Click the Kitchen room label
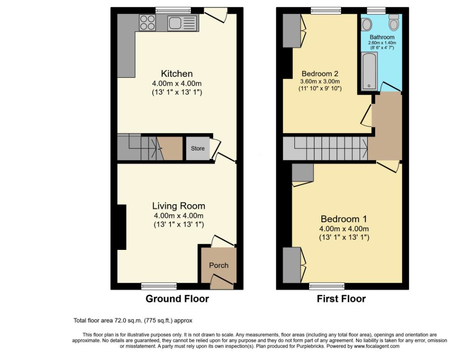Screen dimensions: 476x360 pyautogui.click(x=177, y=73)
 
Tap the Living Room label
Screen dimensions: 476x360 pyautogui.click(x=178, y=206)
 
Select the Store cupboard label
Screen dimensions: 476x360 pyautogui.click(x=198, y=148)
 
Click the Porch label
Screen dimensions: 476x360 pyautogui.click(x=218, y=265)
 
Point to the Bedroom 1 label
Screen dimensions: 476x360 pyautogui.click(x=344, y=219)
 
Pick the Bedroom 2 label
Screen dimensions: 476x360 pyautogui.click(x=320, y=73)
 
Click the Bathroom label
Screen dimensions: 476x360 pyautogui.click(x=382, y=37)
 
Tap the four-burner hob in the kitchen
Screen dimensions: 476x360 pyautogui.click(x=147, y=23)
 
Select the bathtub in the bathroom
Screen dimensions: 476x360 pyautogui.click(x=369, y=71)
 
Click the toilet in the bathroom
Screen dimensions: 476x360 pyautogui.click(x=394, y=22)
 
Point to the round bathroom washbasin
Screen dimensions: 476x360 pyautogui.click(x=367, y=24)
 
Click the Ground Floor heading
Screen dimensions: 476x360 pyautogui.click(x=177, y=299)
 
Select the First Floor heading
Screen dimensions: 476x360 pyautogui.click(x=341, y=299)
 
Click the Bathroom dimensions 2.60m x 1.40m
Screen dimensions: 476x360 pyautogui.click(x=382, y=43)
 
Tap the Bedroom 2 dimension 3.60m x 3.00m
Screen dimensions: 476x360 pyautogui.click(x=320, y=81)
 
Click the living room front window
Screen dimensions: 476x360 pyautogui.click(x=159, y=286)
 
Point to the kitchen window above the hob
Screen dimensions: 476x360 pyautogui.click(x=173, y=10)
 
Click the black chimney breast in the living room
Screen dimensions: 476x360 pyautogui.click(x=122, y=227)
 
